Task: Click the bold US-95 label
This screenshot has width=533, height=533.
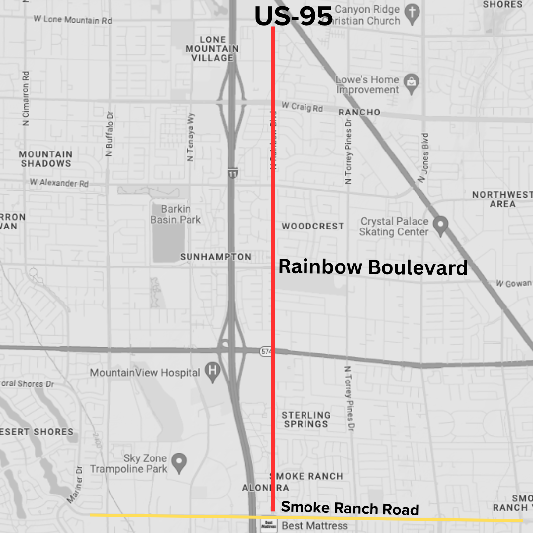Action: click(x=293, y=16)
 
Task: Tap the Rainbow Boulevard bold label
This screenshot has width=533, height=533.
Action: click(x=373, y=267)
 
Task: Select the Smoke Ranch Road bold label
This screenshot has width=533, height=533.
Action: click(x=349, y=508)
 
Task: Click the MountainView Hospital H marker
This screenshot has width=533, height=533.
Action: click(x=212, y=371)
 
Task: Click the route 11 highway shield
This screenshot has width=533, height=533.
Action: click(x=231, y=173)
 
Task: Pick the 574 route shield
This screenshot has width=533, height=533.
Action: click(x=265, y=351)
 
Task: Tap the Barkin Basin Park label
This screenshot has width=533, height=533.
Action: click(x=176, y=214)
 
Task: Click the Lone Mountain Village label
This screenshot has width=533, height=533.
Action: click(x=212, y=48)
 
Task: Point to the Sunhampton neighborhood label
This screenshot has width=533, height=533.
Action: click(x=216, y=257)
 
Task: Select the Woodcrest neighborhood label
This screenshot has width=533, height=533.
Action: click(x=313, y=226)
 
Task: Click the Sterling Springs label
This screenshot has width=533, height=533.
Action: click(x=306, y=419)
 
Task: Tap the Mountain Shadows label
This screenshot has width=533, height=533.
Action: click(x=45, y=158)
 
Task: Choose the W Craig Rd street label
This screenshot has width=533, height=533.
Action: click(x=302, y=106)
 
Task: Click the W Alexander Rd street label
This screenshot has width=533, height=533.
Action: click(x=59, y=183)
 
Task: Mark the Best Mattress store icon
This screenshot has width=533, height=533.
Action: click(x=266, y=525)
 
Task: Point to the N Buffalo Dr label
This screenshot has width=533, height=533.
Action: click(x=110, y=133)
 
